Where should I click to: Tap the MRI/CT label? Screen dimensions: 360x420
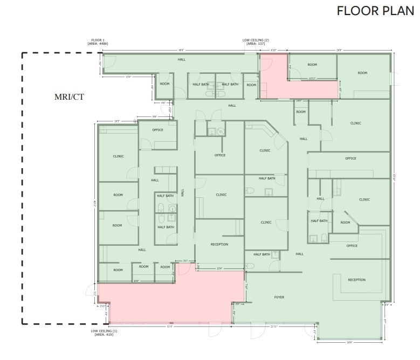coord(68,97)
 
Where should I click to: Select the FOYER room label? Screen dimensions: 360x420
coord(279,297)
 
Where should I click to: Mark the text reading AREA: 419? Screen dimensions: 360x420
coord(104,335)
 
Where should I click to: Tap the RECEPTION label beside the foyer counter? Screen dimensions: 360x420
coord(356,280)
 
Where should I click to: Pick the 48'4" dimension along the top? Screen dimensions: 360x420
coord(180,50)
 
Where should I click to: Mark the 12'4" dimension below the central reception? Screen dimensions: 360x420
coord(219,268)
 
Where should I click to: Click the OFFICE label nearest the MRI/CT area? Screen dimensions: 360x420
coord(157,130)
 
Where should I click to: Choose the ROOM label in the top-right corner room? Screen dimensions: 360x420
coord(362,73)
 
